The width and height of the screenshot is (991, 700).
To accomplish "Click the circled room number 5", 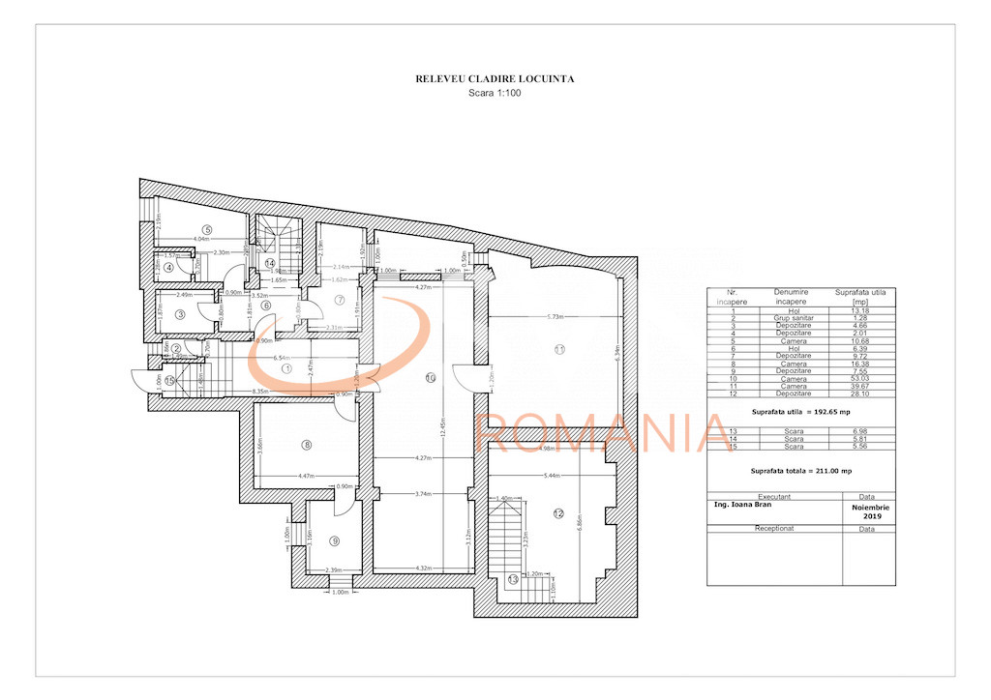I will [x=207, y=229].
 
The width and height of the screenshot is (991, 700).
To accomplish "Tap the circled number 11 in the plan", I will [x=558, y=348].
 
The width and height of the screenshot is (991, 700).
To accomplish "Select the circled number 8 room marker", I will [x=307, y=445].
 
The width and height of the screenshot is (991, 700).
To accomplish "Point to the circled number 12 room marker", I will [x=558, y=513].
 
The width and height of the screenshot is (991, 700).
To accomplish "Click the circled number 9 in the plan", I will [x=334, y=540].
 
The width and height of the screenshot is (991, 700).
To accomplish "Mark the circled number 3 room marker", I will [x=180, y=313].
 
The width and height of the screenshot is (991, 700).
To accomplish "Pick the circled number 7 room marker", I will [x=340, y=300].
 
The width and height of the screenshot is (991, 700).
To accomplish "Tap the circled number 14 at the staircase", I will [x=271, y=262].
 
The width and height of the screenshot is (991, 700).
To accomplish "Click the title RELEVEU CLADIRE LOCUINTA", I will [x=495, y=79].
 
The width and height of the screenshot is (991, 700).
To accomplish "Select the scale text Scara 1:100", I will [x=495, y=94].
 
